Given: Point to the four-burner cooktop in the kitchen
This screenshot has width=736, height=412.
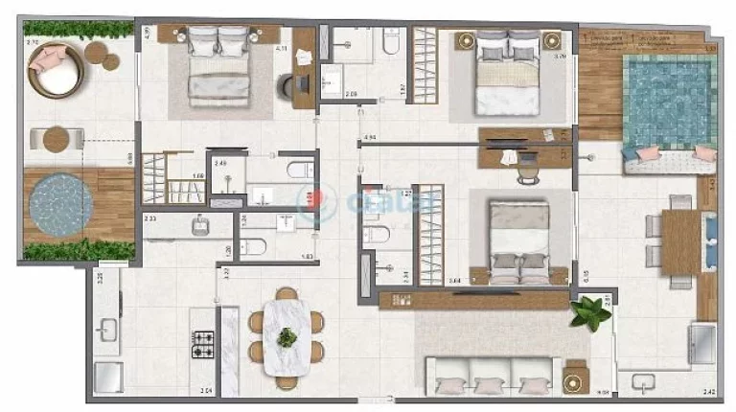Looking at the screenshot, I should [x=204, y=342].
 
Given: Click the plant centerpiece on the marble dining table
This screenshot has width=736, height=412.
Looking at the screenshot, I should [x=287, y=337].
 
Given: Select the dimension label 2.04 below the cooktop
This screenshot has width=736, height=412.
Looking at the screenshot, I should [x=205, y=391].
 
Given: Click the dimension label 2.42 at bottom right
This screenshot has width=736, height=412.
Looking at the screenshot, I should [x=707, y=391].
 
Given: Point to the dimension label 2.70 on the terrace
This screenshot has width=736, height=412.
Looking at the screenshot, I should [x=32, y=43].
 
